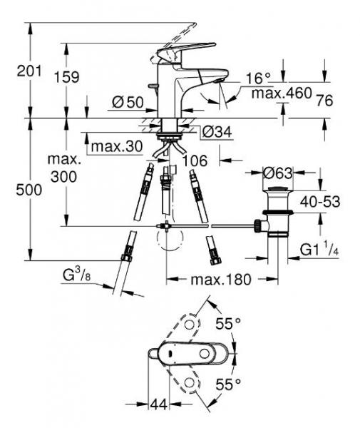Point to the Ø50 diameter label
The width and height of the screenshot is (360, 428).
tap(128, 103)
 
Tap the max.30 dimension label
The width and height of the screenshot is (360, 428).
tap(115, 147)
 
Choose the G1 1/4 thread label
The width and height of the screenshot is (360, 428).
tap(321, 250)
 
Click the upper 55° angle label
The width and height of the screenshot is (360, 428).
tap(227, 324)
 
